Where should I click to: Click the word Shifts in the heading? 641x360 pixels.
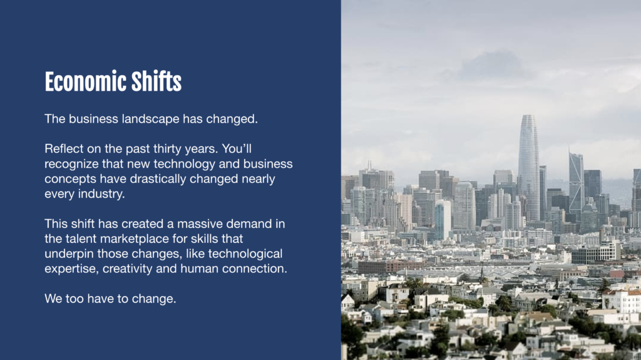coord(156,81)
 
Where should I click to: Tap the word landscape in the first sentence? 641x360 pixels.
coord(150,119)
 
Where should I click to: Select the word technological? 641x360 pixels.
coord(245,254)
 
